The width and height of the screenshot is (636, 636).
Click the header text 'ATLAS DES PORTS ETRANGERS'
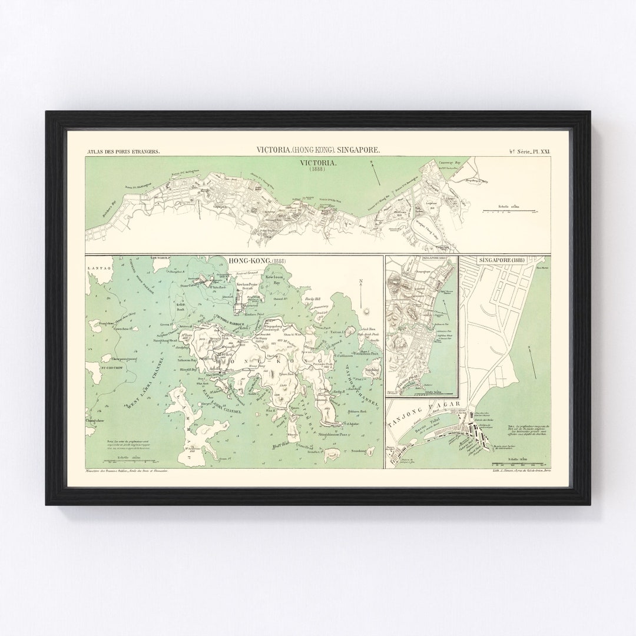(x=122, y=151)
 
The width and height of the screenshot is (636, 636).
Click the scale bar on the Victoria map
(x=509, y=210)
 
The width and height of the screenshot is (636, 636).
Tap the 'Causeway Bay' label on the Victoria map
(x=453, y=160)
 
